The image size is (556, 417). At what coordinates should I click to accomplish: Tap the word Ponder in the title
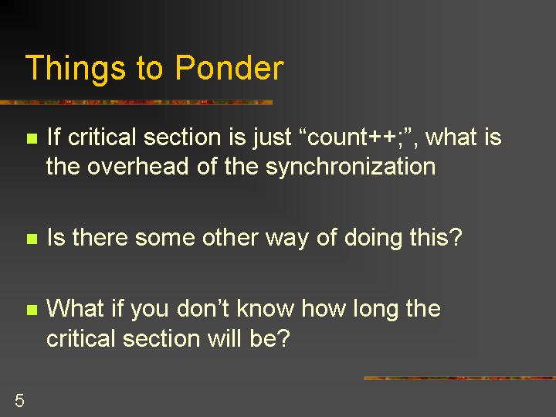point(229,67)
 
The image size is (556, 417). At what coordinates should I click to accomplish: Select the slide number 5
point(19,400)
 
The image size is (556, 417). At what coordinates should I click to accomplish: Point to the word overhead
point(137,166)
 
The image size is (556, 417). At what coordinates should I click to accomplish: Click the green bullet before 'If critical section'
point(32,138)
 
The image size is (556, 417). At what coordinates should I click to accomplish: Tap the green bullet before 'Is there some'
point(32,239)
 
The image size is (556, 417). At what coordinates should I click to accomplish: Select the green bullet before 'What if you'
point(32,310)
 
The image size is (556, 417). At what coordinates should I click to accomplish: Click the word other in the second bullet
point(230,237)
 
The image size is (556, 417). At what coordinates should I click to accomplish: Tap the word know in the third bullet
point(266,308)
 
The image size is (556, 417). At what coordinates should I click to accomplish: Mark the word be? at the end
point(270,337)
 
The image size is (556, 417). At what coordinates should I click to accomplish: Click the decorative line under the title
point(136,103)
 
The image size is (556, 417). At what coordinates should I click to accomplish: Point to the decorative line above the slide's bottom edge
point(460,378)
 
